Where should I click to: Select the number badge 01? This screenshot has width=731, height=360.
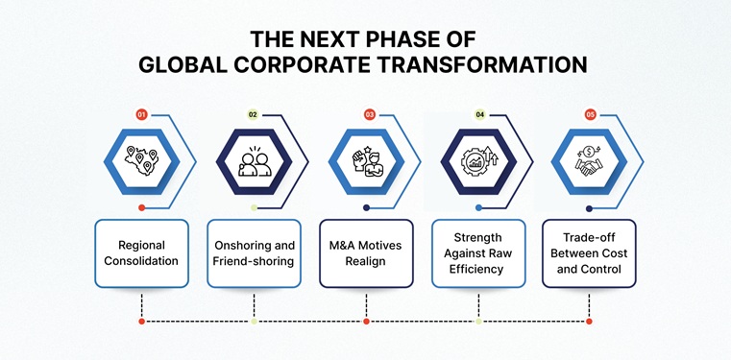click(141, 114)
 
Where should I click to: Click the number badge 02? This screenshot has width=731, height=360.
click(254, 114)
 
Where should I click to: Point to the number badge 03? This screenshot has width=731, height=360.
click(369, 114)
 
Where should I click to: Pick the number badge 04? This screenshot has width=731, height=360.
click(479, 114)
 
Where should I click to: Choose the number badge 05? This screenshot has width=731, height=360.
click(590, 114)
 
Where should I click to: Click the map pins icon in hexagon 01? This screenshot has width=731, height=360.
click(141, 159)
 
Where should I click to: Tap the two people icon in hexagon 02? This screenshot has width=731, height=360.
click(254, 159)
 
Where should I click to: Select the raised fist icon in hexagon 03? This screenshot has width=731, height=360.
click(366, 159)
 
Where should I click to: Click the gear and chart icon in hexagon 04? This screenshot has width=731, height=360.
click(478, 159)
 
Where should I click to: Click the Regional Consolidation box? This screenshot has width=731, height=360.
click(141, 253)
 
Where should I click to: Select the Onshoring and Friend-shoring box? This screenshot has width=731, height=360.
click(254, 253)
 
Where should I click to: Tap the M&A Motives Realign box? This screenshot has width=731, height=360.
click(366, 253)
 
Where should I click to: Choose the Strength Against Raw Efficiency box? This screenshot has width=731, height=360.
click(478, 253)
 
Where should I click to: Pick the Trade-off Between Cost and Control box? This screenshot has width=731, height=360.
click(590, 253)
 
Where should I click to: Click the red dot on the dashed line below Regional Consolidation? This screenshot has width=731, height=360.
click(141, 321)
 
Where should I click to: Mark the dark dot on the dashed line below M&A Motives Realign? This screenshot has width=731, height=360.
click(366, 321)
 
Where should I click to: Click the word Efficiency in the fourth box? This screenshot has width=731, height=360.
click(478, 270)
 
